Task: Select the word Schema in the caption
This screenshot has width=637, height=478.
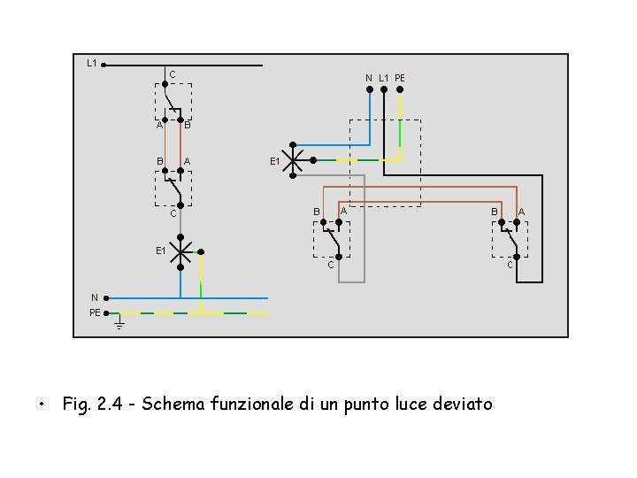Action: pos(173,405)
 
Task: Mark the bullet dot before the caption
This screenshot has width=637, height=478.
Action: pos(41,406)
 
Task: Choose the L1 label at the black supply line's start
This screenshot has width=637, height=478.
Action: pos(91,63)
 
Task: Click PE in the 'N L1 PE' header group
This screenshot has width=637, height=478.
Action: pos(400,79)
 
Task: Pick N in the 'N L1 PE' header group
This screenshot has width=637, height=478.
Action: pos(369,79)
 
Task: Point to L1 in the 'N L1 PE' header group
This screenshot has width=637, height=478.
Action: pos(384,79)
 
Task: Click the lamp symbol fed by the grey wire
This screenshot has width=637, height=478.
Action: pos(293,160)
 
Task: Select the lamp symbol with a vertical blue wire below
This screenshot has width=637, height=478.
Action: pos(180,252)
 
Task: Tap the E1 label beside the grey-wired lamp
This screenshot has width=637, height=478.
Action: pos(275,162)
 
